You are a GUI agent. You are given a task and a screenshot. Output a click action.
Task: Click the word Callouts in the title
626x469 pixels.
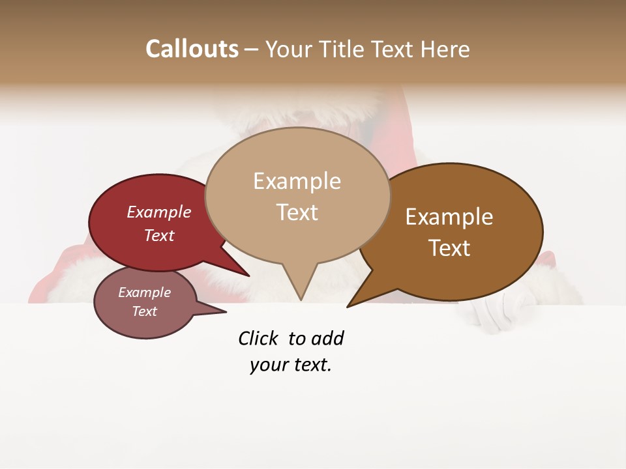pos(192,49)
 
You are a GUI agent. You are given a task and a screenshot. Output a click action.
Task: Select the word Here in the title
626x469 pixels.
pos(446,49)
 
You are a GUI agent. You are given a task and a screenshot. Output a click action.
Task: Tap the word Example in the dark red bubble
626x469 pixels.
pos(159,212)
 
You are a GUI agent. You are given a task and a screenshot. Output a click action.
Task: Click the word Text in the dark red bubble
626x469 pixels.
pos(159,235)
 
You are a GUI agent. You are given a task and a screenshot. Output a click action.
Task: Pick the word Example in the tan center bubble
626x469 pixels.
pos(297,181)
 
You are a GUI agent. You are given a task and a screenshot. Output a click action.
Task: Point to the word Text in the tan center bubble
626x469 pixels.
pos(297,212)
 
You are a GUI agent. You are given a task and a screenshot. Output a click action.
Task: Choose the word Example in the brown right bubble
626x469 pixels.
pos(449,216)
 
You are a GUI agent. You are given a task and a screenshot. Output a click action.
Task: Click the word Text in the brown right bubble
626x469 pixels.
pos(449,248)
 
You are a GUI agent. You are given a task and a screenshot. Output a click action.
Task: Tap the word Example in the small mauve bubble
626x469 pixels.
pos(144,292)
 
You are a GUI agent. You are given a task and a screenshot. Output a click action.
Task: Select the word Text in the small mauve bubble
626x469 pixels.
pos(144,311)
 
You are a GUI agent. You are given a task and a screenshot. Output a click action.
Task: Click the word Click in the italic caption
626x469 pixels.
pos(258,338)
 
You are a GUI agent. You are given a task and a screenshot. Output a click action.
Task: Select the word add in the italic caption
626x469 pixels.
pos(327,338)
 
